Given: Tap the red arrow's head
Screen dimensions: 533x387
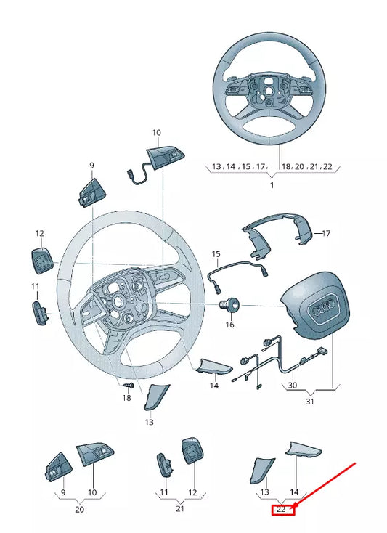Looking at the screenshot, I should [x=293, y=498].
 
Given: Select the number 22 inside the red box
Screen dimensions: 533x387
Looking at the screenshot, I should [x=282, y=510].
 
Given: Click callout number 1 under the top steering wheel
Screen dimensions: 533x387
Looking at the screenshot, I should [x=272, y=186].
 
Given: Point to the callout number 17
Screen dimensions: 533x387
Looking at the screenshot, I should [x=326, y=234].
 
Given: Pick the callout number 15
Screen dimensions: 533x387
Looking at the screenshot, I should [x=216, y=254].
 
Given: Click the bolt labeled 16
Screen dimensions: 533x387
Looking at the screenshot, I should [x=230, y=306].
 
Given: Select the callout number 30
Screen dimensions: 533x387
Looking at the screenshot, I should [x=293, y=386].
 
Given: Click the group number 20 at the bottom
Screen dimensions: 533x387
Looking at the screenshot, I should [x=80, y=510].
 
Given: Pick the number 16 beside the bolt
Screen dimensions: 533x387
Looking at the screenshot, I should [x=230, y=325].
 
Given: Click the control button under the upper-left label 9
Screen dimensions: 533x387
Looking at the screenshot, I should [x=91, y=191].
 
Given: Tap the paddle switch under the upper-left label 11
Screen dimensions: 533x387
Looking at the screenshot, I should [x=38, y=314].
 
